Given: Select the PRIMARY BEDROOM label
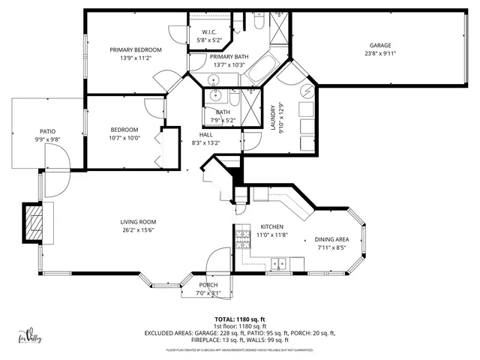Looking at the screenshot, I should [x=136, y=49].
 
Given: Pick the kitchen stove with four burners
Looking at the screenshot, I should [x=243, y=240].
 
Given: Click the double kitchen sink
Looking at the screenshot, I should [x=279, y=263].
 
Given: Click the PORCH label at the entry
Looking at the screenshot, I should [x=208, y=285].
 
